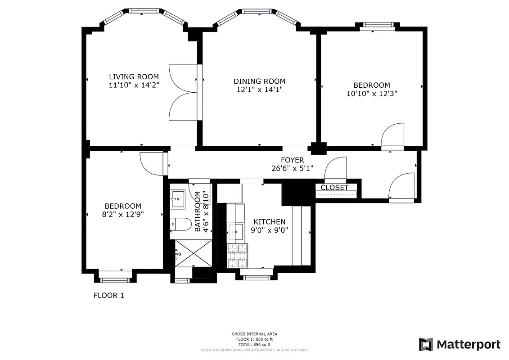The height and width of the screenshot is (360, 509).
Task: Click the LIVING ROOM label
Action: pos(134,76)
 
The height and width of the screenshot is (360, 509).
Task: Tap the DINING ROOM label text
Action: pos(259,81)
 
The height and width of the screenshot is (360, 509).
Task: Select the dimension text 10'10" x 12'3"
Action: pos(371,94)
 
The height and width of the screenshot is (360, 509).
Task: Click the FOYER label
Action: pos(292,160)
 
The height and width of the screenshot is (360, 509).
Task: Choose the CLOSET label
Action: pos(334,187)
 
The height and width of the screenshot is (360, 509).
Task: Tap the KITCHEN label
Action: pos(269,222)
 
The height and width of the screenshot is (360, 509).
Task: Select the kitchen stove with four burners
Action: pos(237,255)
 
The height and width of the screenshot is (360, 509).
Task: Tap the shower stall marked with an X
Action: pos(193,253)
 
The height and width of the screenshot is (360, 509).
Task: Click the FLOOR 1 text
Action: pos(108,296)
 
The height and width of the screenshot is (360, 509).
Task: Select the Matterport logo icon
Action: pos(426,345)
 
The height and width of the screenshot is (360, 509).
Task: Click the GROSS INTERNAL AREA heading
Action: pos(254,334)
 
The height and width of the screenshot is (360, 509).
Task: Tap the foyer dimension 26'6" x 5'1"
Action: pos(292,169)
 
